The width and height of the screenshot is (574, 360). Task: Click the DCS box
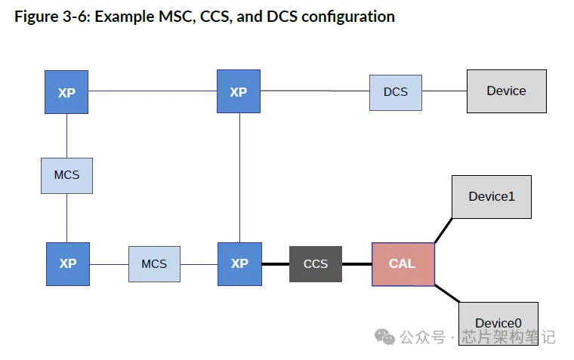tap(396, 91)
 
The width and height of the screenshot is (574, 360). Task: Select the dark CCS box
tap(315, 264)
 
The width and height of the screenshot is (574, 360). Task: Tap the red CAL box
tap(403, 264)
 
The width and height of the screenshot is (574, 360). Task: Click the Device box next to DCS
tap(506, 91)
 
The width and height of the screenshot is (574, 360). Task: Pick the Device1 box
tap(492, 197)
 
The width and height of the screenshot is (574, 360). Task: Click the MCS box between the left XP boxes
tap(66, 175)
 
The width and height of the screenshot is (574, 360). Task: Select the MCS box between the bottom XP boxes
tap(154, 264)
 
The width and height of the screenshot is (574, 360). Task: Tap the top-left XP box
tap(66, 92)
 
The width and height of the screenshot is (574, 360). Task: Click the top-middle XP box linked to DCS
tap(239, 92)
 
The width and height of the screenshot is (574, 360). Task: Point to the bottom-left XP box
tap(68, 264)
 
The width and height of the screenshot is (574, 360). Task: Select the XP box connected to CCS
tap(239, 264)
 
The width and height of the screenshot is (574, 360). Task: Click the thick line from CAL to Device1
tap(443, 230)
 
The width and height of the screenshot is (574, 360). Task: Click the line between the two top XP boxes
tap(152, 91)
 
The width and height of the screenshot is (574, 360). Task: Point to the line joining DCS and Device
tap(444, 91)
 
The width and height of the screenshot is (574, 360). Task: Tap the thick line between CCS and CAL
tap(356, 264)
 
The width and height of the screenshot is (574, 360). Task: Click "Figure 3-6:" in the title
tap(50, 17)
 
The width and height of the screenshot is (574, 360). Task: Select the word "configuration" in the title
tap(347, 17)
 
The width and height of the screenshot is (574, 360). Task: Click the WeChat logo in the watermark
tap(385, 337)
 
